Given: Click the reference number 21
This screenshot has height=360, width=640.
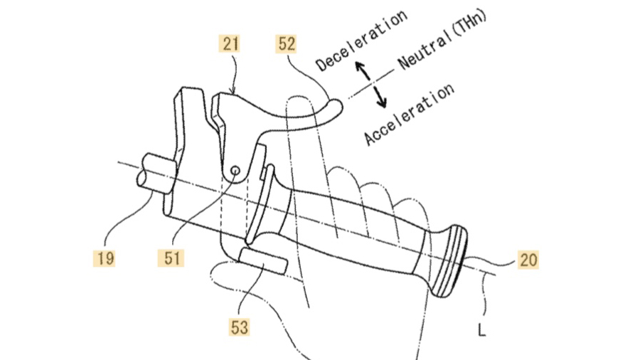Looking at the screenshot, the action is pyautogui.click(x=230, y=43).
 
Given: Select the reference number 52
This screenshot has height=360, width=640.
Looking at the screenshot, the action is pyautogui.click(x=286, y=43).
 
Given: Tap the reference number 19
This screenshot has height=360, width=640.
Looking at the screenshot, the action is pyautogui.click(x=104, y=258).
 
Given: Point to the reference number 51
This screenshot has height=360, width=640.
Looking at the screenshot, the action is pyautogui.click(x=171, y=258).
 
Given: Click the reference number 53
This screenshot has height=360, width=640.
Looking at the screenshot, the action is pyautogui.click(x=239, y=327).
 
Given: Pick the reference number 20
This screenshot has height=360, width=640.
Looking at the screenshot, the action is pyautogui.click(x=528, y=260).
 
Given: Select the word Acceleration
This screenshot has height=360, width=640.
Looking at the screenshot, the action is pyautogui.click(x=409, y=115).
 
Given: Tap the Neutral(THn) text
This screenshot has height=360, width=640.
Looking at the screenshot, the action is pyautogui.click(x=442, y=39).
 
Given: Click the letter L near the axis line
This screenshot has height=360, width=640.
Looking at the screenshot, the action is pyautogui.click(x=481, y=330).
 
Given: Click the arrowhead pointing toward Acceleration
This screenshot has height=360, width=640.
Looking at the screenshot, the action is pyautogui.click(x=381, y=103).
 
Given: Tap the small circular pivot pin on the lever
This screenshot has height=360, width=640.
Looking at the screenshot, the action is pyautogui.click(x=235, y=170).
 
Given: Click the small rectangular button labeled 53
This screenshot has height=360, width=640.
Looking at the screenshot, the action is pyautogui.click(x=263, y=260).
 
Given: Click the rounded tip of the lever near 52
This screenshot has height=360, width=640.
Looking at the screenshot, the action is pyautogui.click(x=337, y=107).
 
